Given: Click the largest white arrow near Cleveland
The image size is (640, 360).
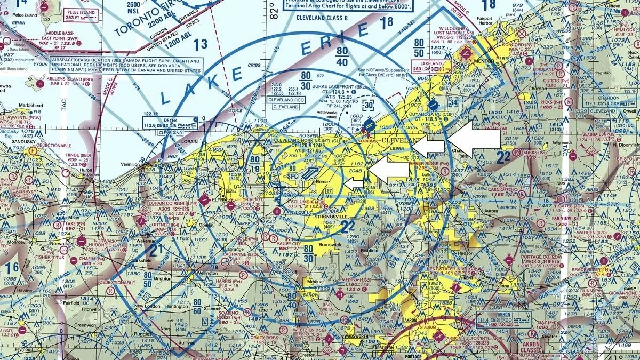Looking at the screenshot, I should pyautogui.click(x=473, y=139).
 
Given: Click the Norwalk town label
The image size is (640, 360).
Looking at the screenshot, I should pyautogui.click(x=60, y=244).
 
